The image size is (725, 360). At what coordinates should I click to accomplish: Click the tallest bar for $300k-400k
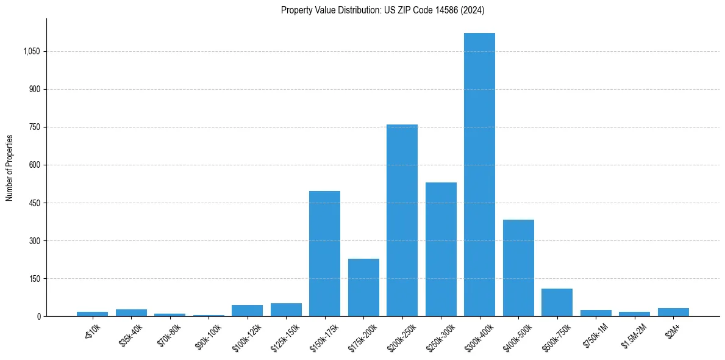point(479,175)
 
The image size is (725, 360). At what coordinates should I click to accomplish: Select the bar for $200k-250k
point(402,220)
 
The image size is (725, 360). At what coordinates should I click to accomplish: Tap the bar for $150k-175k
point(324,253)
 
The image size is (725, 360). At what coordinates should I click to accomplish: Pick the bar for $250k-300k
point(441,249)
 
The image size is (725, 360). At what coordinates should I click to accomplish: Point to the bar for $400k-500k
point(518,268)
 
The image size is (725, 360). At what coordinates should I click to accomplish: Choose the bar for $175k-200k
point(363,287)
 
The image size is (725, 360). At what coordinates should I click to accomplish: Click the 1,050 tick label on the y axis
point(31,52)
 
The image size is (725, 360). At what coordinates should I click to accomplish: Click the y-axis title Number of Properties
point(10,168)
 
